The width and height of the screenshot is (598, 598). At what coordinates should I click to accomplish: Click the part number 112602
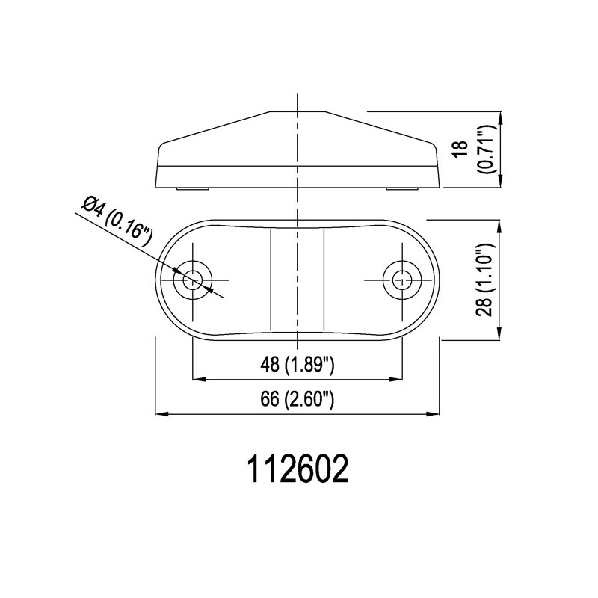(x=298, y=469)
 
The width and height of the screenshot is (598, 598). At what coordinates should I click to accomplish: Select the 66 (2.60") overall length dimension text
(x=297, y=399)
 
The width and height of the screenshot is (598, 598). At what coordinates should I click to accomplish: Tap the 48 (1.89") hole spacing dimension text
(x=297, y=365)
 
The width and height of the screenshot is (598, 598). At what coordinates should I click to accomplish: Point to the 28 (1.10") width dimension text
(x=485, y=279)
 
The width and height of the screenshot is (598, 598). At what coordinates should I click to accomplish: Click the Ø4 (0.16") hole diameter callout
(x=117, y=221)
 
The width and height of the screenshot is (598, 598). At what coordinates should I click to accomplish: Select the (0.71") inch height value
(x=488, y=149)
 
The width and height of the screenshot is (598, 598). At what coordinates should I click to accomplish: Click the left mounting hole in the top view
(x=193, y=280)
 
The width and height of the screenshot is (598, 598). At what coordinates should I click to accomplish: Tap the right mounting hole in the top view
(x=402, y=280)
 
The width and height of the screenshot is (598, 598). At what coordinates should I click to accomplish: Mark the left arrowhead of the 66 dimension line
(x=161, y=414)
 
